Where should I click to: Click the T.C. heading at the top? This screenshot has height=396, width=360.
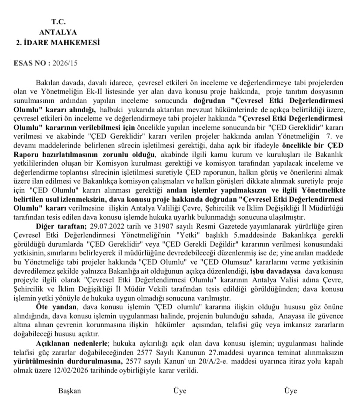coord(57,21)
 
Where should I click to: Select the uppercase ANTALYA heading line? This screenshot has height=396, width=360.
coord(57,32)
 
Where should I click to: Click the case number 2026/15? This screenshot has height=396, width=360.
coord(65,64)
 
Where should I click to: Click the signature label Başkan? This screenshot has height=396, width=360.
coord(70,391)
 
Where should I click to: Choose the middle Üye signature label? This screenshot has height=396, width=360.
coord(180,391)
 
